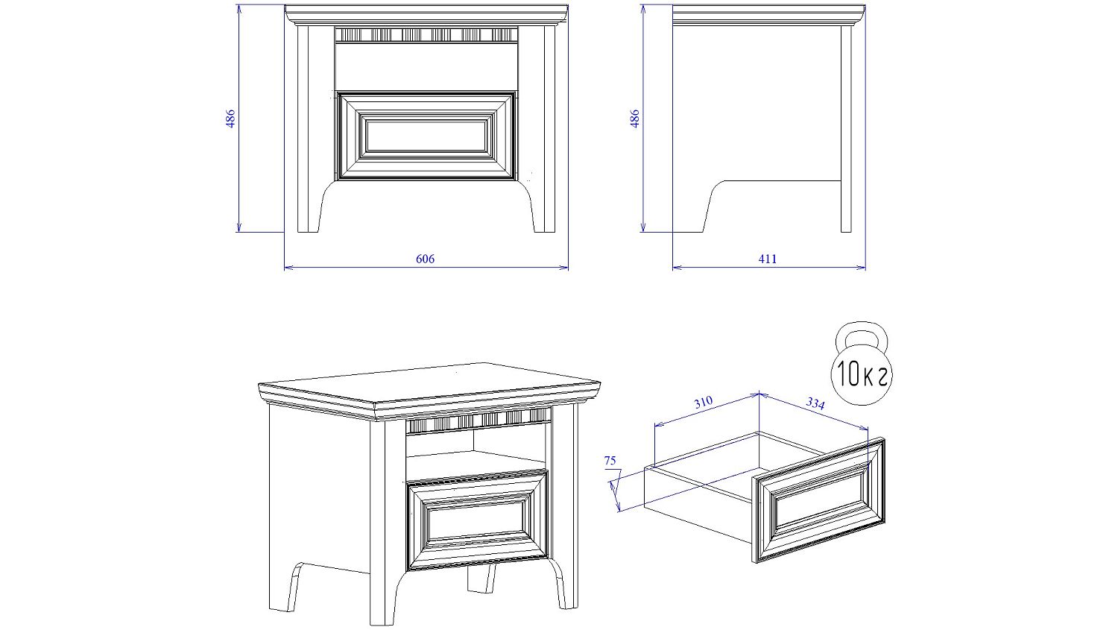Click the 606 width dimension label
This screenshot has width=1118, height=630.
(426, 259)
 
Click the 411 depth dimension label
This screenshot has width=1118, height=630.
(768, 259)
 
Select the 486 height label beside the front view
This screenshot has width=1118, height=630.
(230, 119)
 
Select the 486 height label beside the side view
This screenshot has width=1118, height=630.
(635, 119)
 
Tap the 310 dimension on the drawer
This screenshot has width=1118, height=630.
(704, 403)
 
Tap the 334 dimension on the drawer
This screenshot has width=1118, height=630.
(815, 403)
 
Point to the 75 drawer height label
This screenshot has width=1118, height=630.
(610, 461)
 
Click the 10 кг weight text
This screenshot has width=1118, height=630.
(862, 374)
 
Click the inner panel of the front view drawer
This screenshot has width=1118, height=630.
(426, 135)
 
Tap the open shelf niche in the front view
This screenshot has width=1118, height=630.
(426, 66)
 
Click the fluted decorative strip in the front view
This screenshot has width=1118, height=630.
(426, 35)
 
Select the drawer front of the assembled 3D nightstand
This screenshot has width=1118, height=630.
(478, 520)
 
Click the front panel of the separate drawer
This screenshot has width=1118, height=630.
(818, 500)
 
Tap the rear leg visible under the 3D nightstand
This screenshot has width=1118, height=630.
(481, 579)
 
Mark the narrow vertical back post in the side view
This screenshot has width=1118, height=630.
(846, 129)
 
